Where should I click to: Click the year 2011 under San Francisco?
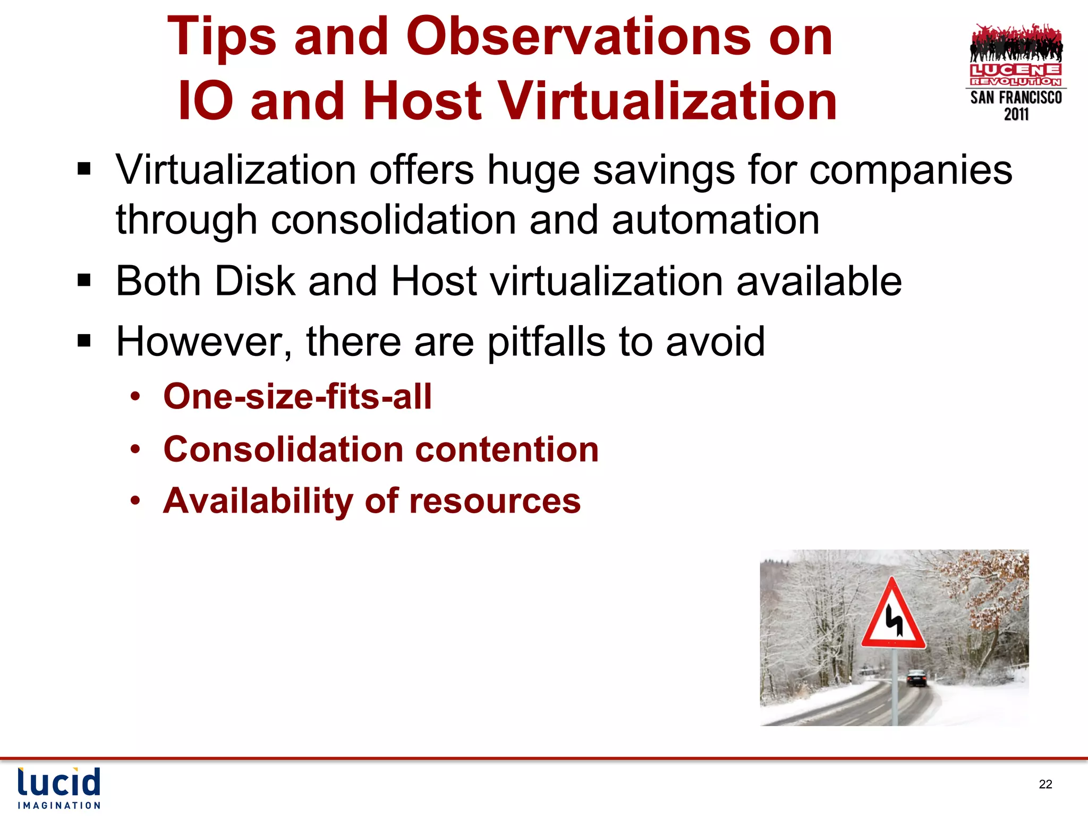pyautogui.click(x=1016, y=114)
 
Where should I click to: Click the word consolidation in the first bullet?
pyautogui.click(x=393, y=220)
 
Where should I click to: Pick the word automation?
pyautogui.click(x=715, y=220)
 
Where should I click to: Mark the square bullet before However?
pyautogui.click(x=84, y=341)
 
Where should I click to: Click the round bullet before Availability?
pyautogui.click(x=136, y=500)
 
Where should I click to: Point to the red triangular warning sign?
pyautogui.click(x=893, y=616)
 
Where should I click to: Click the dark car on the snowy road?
pyautogui.click(x=916, y=678)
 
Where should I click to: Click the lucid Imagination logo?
pyautogui.click(x=59, y=788)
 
